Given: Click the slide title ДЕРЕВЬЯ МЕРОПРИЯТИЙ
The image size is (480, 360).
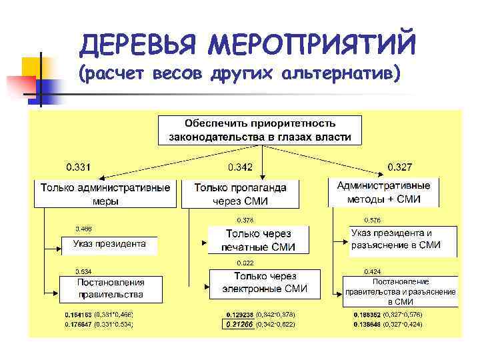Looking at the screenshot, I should coord(247,45).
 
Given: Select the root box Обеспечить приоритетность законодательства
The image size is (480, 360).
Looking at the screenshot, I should coord(260,131).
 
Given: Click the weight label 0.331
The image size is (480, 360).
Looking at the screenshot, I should coord(79,167).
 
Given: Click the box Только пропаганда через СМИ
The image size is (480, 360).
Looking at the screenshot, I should coord(241,193).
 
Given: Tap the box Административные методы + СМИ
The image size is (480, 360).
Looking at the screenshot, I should coord(384,192).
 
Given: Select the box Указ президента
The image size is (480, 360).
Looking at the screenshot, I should coord(109,245).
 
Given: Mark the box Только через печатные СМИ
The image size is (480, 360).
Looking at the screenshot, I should coord(259,240).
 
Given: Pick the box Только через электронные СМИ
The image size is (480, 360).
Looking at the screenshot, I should coord(265,282).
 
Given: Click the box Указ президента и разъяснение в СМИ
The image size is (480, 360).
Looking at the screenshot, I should coord(403,239).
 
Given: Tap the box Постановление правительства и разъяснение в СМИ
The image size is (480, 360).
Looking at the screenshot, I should coord(400,291).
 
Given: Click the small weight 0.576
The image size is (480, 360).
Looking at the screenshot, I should coord(373,220).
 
